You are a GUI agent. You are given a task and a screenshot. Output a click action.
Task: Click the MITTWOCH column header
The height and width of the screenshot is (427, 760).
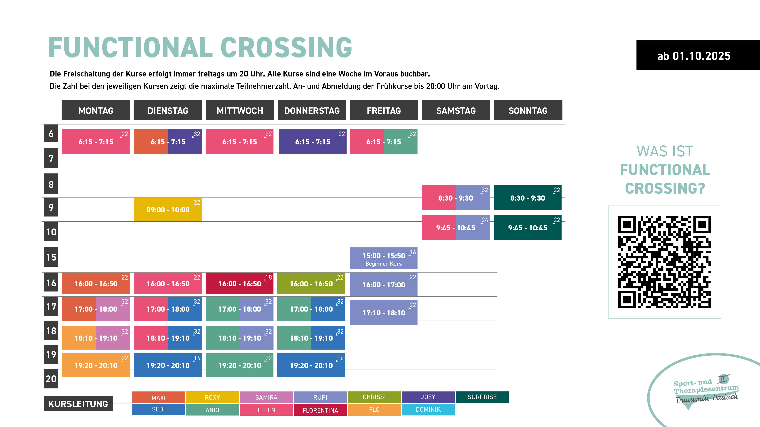(240, 110)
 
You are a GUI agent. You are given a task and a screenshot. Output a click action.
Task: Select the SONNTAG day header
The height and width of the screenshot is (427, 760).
(528, 110)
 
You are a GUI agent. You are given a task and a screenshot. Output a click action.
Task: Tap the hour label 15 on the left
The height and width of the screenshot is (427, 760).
(51, 257)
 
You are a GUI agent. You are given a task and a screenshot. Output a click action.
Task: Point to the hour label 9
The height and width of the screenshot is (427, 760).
(51, 207)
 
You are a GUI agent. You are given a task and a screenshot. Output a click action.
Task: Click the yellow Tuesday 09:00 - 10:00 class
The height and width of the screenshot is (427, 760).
(168, 210)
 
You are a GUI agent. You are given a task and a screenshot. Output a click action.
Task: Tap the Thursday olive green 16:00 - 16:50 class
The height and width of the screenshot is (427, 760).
(311, 284)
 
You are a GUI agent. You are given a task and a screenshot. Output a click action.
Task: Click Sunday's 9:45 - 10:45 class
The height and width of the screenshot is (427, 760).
(527, 228)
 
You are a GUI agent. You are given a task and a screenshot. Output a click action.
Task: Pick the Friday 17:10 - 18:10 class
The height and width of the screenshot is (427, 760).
(384, 313)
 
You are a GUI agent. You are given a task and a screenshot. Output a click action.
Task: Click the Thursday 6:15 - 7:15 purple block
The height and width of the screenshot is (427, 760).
(312, 142)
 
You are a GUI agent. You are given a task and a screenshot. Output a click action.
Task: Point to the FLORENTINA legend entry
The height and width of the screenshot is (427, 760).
(320, 410)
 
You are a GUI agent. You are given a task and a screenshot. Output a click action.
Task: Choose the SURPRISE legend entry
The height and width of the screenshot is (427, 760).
(482, 397)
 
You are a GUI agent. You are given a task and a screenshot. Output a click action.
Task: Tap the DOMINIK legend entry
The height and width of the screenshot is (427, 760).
(428, 410)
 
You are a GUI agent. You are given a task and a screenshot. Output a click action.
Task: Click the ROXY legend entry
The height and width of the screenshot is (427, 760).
(212, 397)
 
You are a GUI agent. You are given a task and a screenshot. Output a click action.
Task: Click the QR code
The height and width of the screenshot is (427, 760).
(664, 262)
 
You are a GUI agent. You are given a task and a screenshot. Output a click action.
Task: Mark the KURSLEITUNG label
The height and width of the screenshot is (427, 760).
(78, 403)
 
